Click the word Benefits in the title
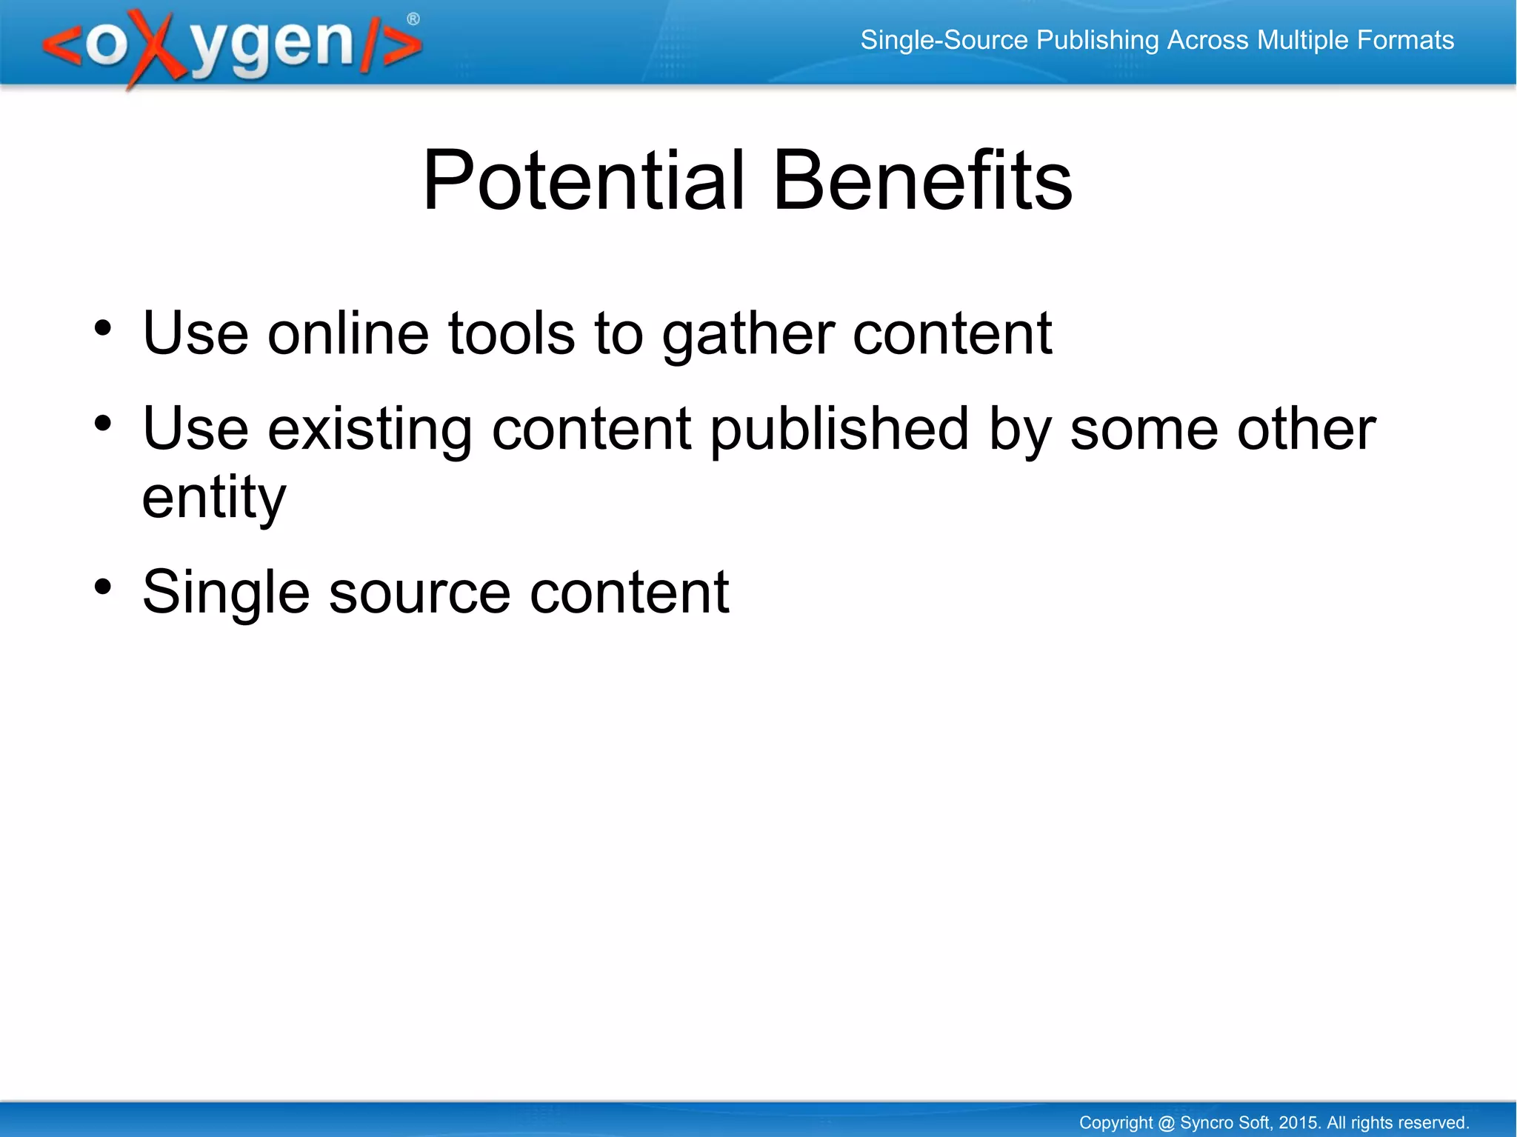coord(922,181)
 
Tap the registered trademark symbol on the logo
coord(413,19)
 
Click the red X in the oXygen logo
coord(155,48)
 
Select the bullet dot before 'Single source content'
coord(103,587)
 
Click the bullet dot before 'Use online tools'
coord(103,327)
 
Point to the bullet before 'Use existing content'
coord(103,424)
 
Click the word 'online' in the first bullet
coord(348,333)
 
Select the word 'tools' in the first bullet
coord(511,333)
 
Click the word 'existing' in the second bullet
coord(370,430)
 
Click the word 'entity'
coord(214,498)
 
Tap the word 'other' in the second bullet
coord(1307,430)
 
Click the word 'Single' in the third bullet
coord(226,593)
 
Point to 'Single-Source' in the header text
coord(944,40)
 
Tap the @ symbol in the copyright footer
coord(1166,1123)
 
